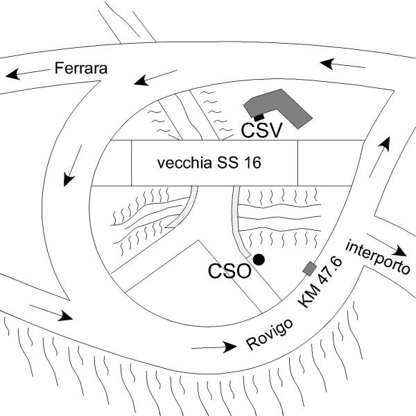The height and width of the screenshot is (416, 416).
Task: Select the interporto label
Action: [378, 257]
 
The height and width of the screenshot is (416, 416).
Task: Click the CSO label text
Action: [229, 270]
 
